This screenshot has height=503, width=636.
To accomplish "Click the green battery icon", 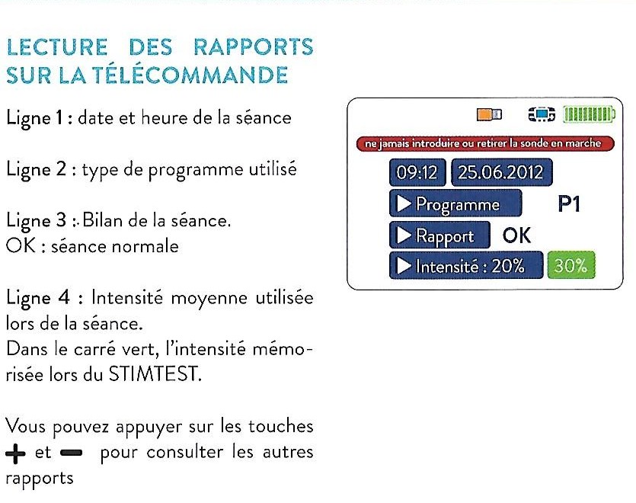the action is click(589, 114).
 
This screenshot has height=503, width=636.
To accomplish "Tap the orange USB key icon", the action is click(489, 114).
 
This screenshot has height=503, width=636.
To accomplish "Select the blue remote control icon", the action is click(542, 114).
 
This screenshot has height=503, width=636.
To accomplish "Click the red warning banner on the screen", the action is click(485, 144).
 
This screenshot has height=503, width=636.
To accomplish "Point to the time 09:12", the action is click(417, 172).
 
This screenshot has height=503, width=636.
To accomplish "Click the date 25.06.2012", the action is click(502, 172).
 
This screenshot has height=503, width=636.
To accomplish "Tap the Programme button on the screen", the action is click(455, 203).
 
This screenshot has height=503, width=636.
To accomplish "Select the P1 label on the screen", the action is click(569, 203).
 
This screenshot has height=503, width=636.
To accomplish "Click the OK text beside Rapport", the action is click(516, 235).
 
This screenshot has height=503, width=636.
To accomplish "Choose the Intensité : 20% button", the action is click(466, 265).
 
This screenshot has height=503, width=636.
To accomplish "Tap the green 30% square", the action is click(571, 265).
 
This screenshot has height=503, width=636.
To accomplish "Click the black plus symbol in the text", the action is click(15, 453).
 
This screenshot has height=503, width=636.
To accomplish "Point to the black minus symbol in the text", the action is click(71, 453).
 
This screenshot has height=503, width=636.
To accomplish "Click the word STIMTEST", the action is click(154, 374).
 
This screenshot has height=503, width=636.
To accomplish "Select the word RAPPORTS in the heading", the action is click(254, 46).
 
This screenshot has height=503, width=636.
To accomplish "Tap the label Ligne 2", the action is click(36, 170).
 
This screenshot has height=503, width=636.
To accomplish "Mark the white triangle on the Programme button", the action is click(403, 203).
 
